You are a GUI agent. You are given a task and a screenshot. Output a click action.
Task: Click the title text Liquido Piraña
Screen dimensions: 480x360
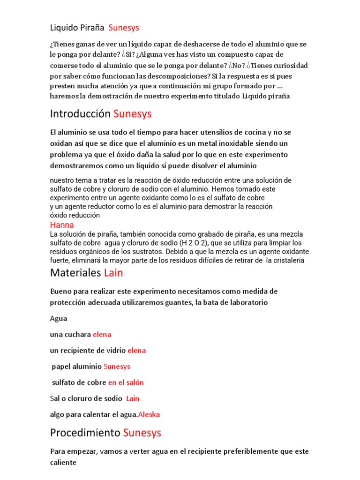[77, 28]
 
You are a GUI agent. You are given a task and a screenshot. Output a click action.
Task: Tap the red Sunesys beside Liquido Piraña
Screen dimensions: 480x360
[124, 28]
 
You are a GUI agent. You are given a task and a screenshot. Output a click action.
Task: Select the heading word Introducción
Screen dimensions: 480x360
[80, 114]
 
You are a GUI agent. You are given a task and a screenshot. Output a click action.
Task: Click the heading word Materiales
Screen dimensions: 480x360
[75, 272]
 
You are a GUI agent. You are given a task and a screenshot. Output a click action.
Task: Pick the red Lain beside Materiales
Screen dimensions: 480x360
[113, 272]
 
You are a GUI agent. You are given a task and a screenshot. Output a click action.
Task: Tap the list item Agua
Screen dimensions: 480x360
[59, 319]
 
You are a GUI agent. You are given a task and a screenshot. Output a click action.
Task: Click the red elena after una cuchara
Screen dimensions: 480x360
[102, 335]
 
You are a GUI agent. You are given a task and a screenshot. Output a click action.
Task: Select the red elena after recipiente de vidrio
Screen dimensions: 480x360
[136, 351]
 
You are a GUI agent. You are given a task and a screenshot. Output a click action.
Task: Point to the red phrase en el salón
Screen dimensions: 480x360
[126, 382]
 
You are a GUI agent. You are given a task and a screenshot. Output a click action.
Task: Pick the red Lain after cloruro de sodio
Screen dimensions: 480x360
[133, 398]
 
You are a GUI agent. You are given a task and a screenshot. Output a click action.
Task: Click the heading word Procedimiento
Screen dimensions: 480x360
[85, 433]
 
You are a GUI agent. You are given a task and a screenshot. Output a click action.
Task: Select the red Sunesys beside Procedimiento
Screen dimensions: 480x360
[142, 433]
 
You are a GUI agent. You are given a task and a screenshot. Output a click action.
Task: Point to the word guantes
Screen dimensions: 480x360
[178, 303]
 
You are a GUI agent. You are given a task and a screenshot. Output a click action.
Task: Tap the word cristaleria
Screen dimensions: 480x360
[285, 261]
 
